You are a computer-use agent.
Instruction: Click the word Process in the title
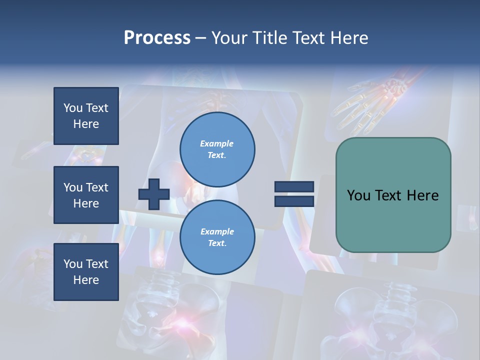(157, 38)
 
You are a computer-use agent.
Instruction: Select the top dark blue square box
(86, 116)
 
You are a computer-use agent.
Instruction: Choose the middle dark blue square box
(86, 195)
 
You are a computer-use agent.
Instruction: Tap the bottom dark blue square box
(86, 271)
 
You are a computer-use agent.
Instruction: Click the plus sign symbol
(154, 194)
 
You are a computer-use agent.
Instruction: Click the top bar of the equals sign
(294, 187)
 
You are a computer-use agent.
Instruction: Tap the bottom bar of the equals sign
(294, 201)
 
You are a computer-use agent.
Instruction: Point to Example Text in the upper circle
(217, 149)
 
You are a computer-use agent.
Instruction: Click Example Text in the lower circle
(217, 237)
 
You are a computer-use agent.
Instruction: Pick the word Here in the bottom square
(86, 280)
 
